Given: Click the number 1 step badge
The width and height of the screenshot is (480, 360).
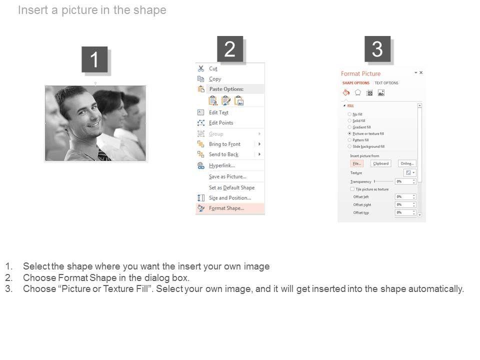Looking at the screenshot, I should coord(94,60).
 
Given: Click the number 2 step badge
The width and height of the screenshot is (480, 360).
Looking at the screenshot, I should coord(230,49).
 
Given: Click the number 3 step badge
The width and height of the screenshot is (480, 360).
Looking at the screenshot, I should coord(377,49).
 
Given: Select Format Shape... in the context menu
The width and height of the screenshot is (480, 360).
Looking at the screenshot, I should coord(226,208).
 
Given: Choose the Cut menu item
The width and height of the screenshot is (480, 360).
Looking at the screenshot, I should coord(213,68).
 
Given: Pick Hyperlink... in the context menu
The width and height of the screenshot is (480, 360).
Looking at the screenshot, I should coord(221,165).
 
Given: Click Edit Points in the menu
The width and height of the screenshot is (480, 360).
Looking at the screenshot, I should coord(221,123).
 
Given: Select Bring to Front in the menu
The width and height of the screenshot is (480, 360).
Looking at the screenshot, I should coord(224,144).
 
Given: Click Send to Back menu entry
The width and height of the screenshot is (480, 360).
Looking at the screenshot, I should coord(223,154).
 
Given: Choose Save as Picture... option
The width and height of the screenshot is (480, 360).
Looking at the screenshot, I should coord(227,176).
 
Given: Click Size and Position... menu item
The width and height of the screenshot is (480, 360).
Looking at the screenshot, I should coord(229,198).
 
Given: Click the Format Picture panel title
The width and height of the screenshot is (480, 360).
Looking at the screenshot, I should coord(360,74).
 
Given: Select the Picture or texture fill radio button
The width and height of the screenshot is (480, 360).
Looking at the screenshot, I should coord(349,134).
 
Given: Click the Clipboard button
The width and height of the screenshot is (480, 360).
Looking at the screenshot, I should coord(380,163).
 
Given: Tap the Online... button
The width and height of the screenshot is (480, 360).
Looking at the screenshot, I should coord(407,163).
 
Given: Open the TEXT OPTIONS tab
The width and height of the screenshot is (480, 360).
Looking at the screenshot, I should coord(386,83).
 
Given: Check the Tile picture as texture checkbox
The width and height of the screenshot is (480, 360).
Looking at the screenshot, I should coord(352,189).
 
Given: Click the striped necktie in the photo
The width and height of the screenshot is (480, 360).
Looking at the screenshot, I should coord(103,155).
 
